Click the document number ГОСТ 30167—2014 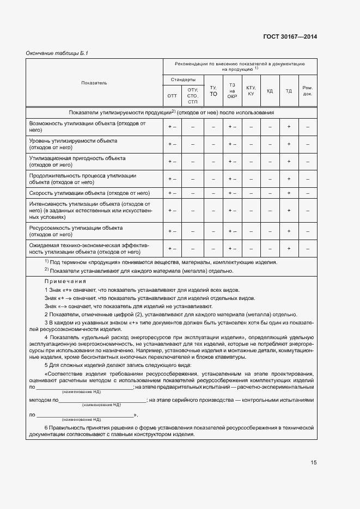point(290,37)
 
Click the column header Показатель point(94,83)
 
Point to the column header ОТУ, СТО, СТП point(192,96)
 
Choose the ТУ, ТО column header point(213,90)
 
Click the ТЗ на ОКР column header point(232,90)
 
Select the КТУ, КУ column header point(251,90)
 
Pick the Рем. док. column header point(308,90)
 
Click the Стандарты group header point(183,79)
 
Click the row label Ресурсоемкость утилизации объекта point(76,231)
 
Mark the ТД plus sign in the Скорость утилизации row point(289,193)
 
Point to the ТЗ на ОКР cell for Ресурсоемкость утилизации point(232,231)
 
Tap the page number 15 point(314,462)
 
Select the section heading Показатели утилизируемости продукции point(171,112)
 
